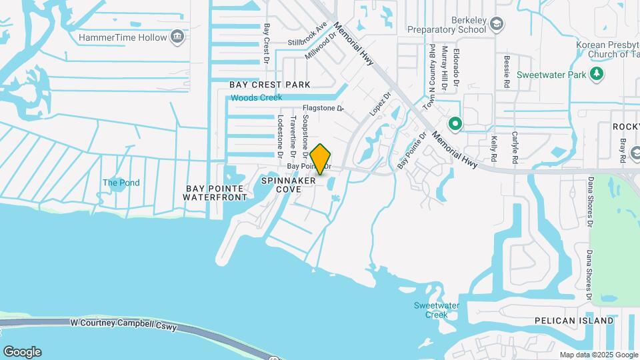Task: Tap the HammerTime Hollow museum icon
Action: click(177, 37)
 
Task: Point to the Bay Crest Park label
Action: click(270, 85)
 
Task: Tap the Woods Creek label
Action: click(257, 98)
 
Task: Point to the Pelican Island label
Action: click(573, 321)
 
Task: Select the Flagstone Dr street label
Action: click(323, 108)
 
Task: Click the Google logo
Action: click(22, 352)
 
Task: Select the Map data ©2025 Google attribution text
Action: click(598, 355)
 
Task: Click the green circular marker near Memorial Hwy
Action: click(456, 123)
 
